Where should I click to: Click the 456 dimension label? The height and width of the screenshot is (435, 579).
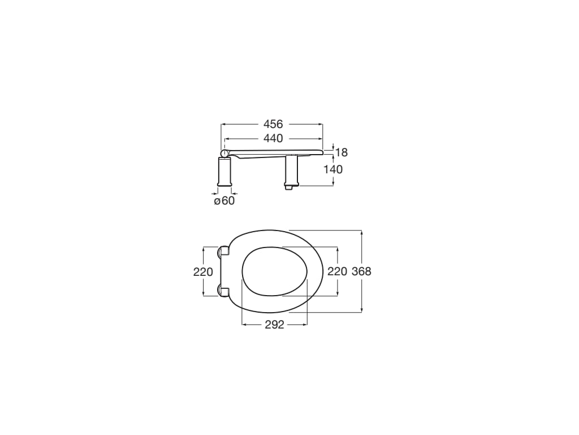272,124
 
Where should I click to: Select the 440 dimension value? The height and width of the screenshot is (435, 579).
272,138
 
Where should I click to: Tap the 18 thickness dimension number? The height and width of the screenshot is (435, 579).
342,152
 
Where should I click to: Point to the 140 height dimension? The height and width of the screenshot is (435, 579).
333,169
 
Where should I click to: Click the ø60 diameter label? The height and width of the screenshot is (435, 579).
224,201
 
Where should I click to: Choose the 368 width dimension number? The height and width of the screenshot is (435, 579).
361,271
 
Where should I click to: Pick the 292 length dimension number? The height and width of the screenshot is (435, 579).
274,325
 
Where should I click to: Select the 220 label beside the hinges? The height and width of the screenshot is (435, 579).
203,271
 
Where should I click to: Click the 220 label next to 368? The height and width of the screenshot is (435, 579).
337,271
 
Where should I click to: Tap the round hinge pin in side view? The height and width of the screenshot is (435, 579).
225,153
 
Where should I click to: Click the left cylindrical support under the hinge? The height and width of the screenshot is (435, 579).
225,172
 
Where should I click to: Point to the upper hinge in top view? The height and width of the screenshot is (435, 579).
223,251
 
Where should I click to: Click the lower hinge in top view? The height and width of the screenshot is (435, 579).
223,291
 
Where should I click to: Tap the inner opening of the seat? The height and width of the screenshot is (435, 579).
274,271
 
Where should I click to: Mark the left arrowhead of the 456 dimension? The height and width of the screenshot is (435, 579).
223,124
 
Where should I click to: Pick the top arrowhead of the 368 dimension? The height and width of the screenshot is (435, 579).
361,232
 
